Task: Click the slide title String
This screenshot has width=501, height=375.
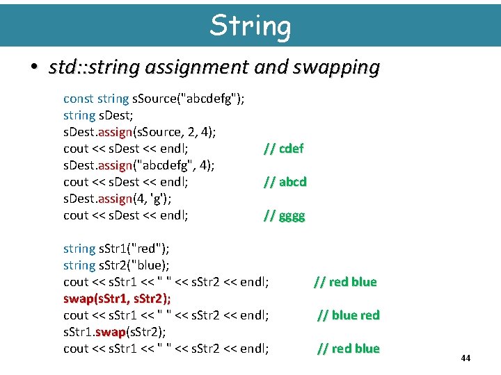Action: (x=250, y=26)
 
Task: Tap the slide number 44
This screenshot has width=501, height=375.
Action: (x=466, y=358)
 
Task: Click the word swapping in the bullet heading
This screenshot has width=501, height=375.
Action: (x=337, y=67)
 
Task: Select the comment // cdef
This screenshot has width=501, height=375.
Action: (x=283, y=149)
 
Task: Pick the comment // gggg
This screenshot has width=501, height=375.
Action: (x=284, y=215)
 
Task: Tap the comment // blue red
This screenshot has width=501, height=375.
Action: (x=349, y=315)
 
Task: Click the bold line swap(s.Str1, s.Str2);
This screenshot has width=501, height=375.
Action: (x=118, y=299)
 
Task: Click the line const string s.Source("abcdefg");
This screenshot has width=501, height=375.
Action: (x=153, y=99)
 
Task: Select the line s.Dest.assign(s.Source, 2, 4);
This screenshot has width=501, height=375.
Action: (x=140, y=132)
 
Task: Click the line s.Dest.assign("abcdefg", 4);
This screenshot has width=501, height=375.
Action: (x=138, y=165)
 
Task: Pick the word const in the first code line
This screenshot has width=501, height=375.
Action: (x=78, y=99)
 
